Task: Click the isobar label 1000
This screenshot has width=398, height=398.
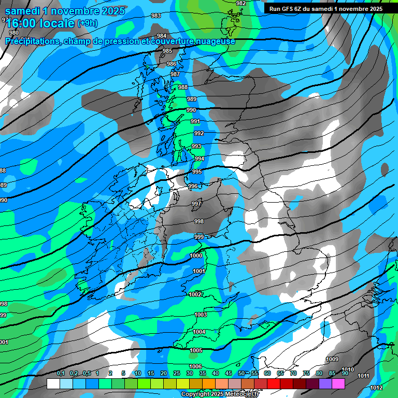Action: (x=196, y=255)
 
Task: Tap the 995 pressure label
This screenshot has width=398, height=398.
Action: (x=197, y=172)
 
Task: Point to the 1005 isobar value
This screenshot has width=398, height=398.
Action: (x=196, y=351)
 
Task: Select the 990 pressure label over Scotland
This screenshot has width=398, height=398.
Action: (x=191, y=110)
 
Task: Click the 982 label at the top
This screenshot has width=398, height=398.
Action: (x=241, y=3)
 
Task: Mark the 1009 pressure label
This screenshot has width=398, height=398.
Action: (x=332, y=359)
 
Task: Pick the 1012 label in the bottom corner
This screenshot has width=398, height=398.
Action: (x=377, y=388)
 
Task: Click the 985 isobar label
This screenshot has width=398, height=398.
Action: (x=167, y=51)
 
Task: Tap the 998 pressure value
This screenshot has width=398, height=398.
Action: (x=199, y=221)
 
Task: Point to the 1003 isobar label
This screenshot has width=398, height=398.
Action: (x=201, y=315)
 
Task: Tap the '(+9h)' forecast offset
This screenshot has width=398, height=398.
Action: (x=87, y=23)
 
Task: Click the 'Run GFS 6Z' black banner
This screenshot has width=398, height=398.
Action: (x=326, y=8)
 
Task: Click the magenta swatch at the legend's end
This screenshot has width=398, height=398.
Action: (x=338, y=384)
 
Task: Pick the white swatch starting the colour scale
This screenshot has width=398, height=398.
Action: (x=53, y=384)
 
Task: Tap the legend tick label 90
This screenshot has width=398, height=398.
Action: (x=345, y=374)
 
